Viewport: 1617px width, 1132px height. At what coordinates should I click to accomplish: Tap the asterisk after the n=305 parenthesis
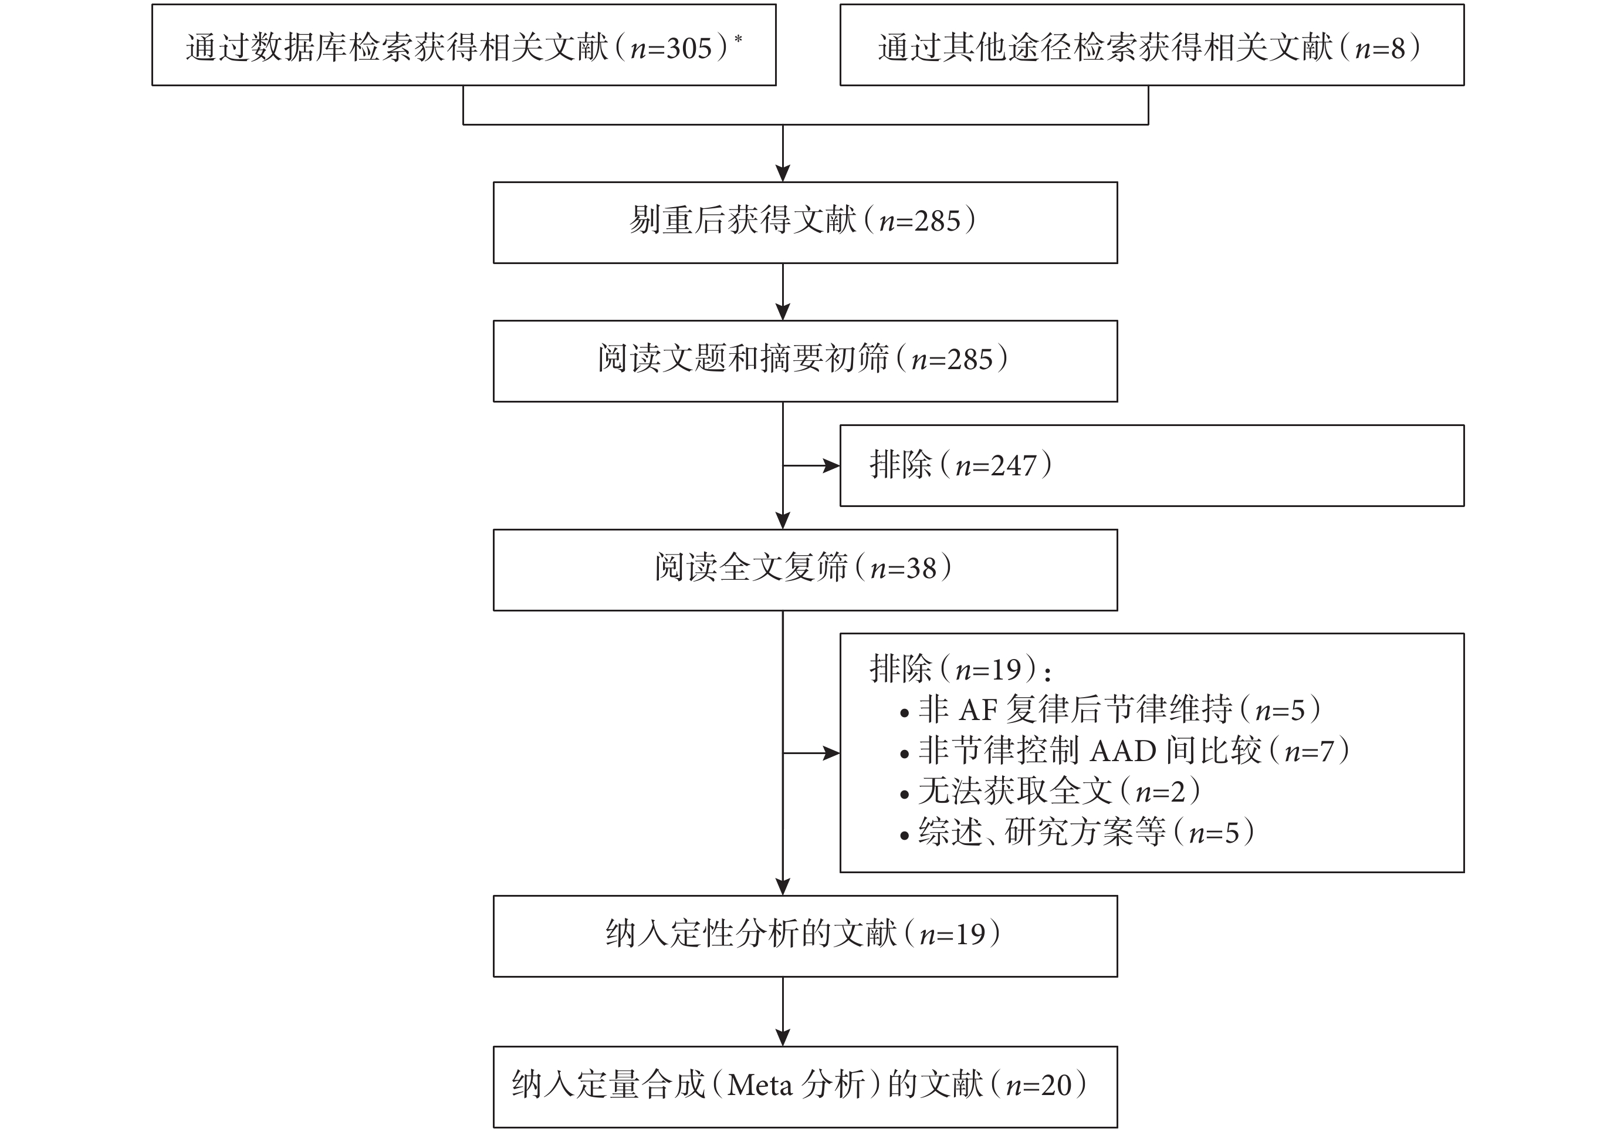[738, 38]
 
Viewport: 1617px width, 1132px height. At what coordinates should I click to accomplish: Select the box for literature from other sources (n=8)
[1152, 45]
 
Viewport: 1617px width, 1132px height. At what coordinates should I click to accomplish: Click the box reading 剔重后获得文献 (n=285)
[805, 222]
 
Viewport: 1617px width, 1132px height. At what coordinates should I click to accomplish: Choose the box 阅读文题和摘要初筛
[805, 361]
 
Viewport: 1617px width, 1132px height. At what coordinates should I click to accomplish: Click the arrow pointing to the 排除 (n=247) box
[811, 465]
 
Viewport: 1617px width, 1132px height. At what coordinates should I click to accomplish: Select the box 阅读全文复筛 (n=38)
[805, 570]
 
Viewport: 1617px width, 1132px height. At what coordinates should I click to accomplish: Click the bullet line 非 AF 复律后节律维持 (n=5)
[1110, 709]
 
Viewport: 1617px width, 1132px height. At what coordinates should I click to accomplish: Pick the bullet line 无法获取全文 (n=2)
[1050, 792]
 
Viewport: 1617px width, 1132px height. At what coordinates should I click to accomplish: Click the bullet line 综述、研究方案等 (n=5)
[1077, 833]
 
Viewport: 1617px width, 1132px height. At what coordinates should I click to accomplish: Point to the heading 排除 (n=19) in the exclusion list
[960, 668]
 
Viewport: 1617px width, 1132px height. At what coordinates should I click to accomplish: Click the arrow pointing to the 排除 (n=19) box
[811, 753]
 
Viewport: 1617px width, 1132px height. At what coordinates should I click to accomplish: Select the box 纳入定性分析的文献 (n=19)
[805, 936]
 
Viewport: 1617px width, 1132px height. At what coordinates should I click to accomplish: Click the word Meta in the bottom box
[760, 1086]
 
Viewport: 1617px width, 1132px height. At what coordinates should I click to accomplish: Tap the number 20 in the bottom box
[1057, 1086]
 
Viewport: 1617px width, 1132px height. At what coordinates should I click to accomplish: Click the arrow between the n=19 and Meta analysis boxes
[783, 1012]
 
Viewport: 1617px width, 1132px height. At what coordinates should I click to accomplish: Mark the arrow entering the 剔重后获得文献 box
[783, 154]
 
